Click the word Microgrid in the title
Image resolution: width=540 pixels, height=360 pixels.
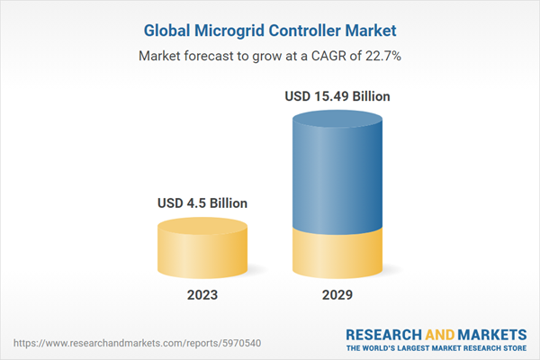(233, 31)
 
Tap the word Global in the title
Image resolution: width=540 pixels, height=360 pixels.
(169, 31)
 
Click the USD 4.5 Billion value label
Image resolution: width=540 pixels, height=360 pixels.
(202, 202)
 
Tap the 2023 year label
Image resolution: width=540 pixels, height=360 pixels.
(202, 294)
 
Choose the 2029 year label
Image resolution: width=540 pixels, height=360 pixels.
(338, 294)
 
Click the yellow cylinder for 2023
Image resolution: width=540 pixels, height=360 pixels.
(202, 252)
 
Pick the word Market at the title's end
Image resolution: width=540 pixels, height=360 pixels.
(372, 31)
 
